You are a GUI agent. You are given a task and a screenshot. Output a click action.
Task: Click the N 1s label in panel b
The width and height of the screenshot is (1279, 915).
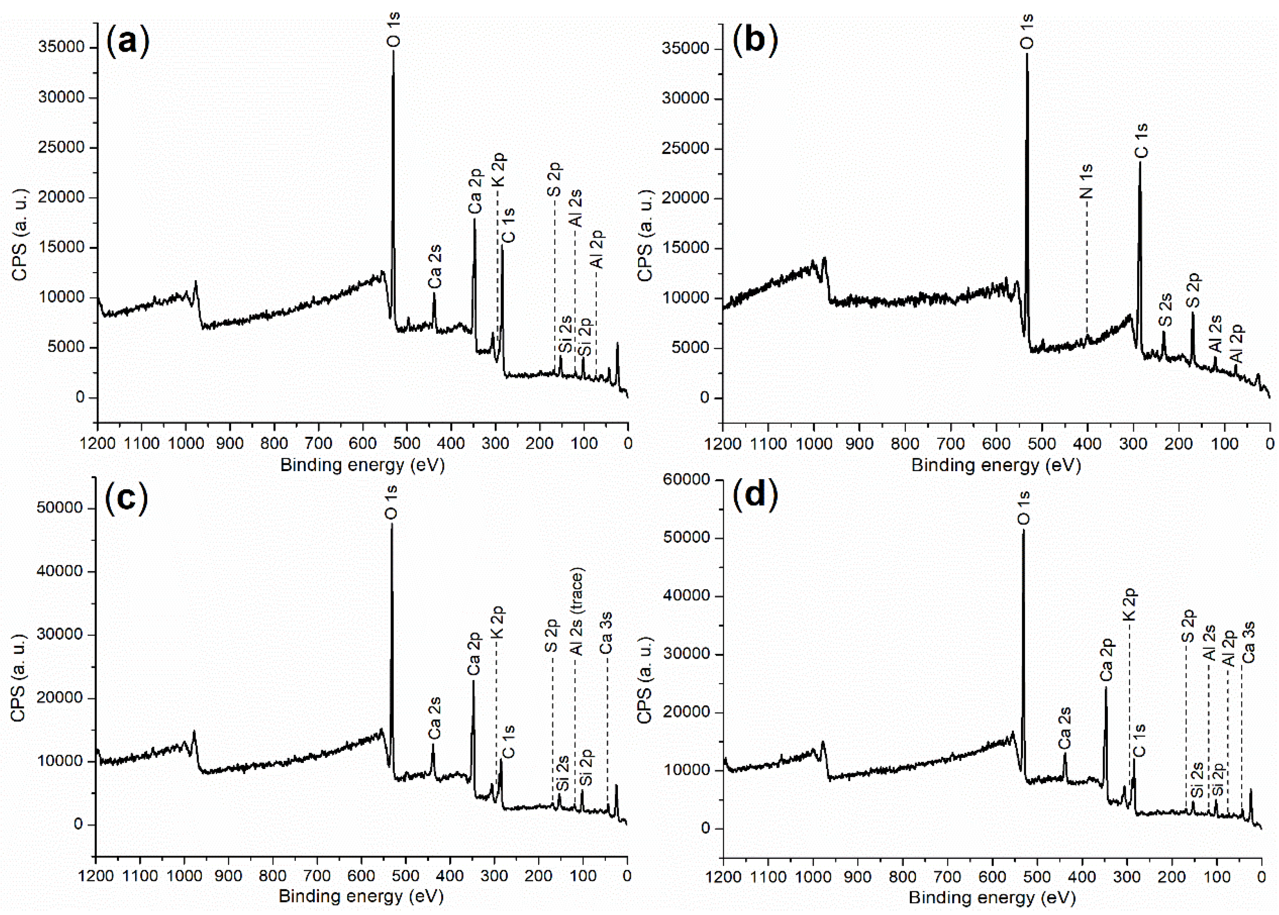click(x=1086, y=181)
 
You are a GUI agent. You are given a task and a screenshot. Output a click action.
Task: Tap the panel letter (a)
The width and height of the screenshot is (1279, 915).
click(x=128, y=41)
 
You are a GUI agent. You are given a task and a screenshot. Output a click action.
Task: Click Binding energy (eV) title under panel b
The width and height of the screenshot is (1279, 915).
click(x=996, y=465)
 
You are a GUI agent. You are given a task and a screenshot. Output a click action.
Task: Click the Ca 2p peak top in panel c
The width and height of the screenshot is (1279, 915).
click(x=473, y=681)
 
